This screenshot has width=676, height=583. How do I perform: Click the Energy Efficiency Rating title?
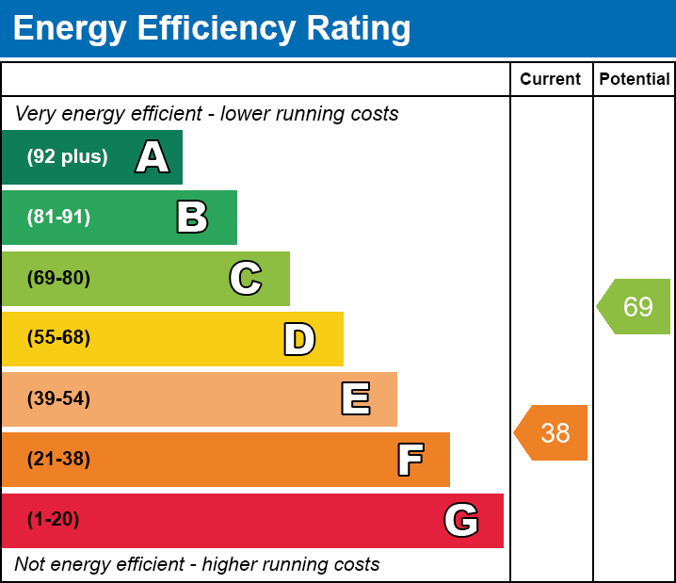[x=212, y=29]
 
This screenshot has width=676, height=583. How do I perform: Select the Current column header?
[x=551, y=80]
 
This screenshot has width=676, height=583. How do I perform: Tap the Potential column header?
[x=635, y=80]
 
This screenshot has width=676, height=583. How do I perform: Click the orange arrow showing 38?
[x=553, y=432]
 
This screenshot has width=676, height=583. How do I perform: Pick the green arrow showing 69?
[x=636, y=307]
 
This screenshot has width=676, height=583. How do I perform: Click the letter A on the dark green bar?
[x=153, y=157]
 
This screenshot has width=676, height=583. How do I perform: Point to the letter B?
[x=192, y=218]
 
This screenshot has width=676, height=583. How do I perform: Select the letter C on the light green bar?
[x=246, y=279]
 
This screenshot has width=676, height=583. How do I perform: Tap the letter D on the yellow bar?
[x=299, y=339]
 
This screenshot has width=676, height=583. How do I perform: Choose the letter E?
[x=355, y=399]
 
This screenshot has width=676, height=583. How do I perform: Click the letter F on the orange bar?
[x=410, y=461]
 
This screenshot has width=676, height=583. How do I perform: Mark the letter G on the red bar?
[x=461, y=521]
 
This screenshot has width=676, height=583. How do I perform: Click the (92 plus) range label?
[x=67, y=157]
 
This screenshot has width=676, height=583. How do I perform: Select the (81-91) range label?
[x=58, y=218]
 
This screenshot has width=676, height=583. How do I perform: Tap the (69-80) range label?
[x=58, y=279]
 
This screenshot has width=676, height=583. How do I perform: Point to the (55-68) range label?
[x=58, y=338]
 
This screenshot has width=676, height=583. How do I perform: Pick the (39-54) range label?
[x=58, y=399]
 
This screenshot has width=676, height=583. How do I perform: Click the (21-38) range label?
[x=58, y=460]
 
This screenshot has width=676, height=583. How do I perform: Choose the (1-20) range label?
[x=53, y=520]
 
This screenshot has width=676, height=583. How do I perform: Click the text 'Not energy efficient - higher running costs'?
[x=197, y=564]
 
